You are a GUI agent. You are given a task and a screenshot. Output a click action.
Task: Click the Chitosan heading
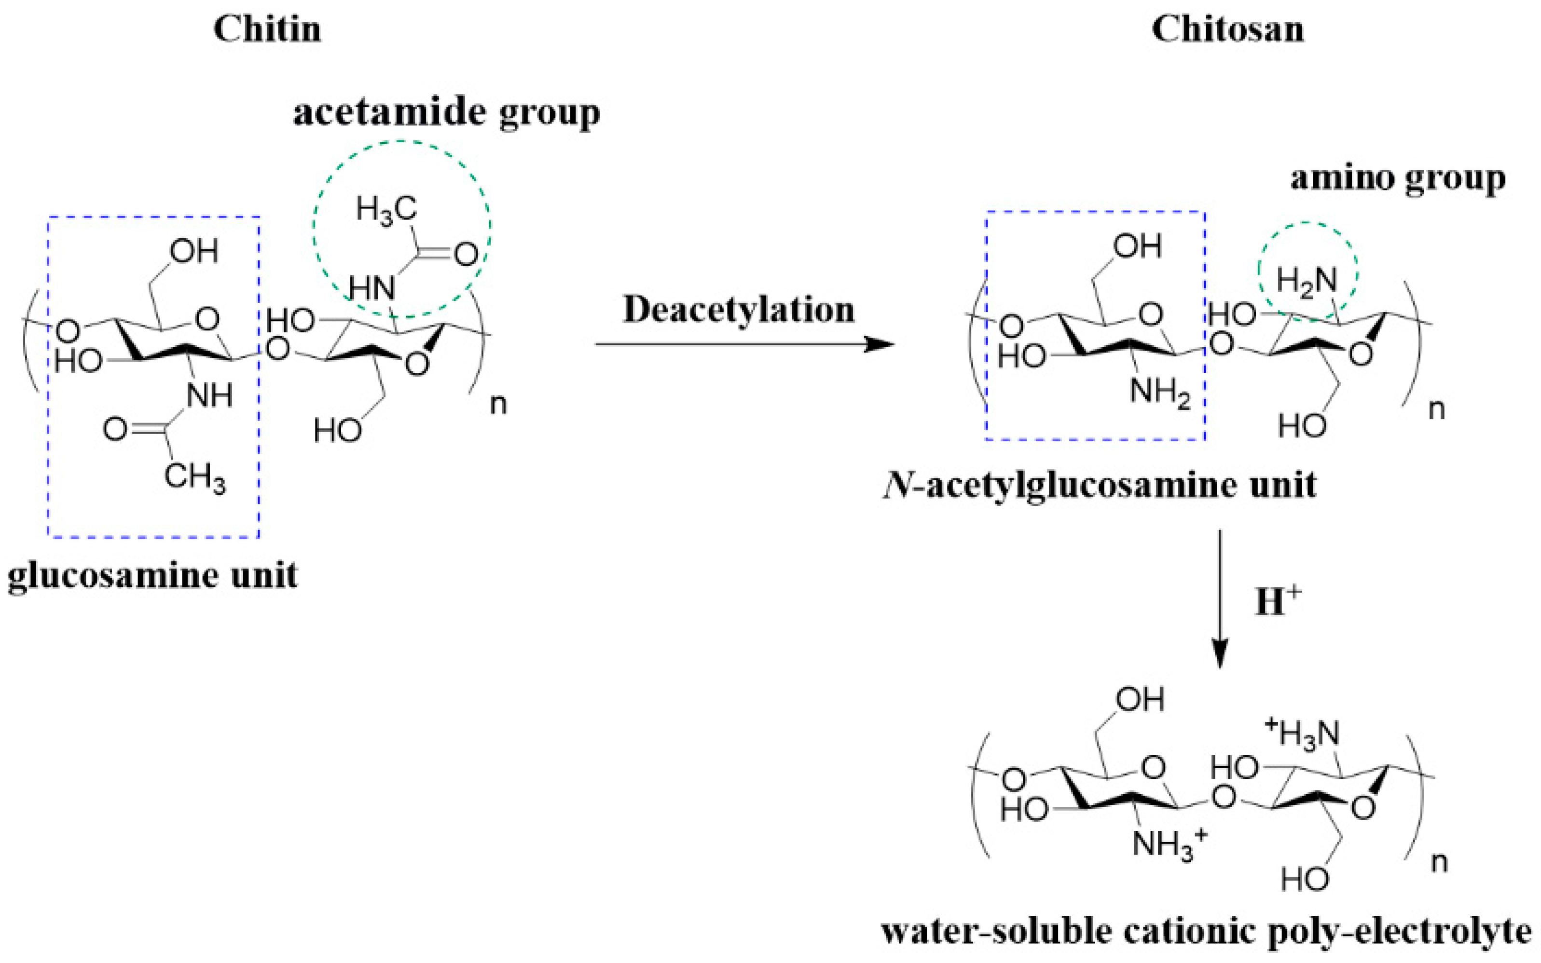1227,30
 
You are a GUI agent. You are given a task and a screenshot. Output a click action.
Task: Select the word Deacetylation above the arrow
738,310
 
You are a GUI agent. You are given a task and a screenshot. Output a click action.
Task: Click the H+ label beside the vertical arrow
1277,600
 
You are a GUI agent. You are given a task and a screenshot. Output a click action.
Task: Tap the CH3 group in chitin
194,477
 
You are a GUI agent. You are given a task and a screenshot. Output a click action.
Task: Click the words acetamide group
446,113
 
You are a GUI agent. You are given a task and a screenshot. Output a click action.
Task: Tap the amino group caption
1398,178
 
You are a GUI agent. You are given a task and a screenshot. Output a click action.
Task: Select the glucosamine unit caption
152,576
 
